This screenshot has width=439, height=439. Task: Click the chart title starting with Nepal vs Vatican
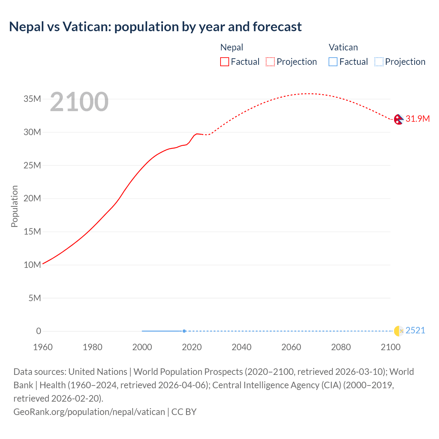click(155, 27)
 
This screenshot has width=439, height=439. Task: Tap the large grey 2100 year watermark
click(79, 102)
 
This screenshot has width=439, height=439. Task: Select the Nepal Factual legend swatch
click(224, 62)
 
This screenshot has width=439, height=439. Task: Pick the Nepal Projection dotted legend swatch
click(270, 62)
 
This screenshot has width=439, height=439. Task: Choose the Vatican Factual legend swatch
click(333, 62)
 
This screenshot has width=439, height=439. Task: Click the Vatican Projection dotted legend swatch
click(379, 62)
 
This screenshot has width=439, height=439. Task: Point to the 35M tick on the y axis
click(32, 99)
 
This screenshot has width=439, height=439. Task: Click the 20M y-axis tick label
click(32, 199)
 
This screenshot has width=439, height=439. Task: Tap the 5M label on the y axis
click(35, 298)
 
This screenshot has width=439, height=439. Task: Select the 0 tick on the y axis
click(38, 331)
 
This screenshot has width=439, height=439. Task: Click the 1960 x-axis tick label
click(43, 347)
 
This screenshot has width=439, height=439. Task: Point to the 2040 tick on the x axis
click(241, 347)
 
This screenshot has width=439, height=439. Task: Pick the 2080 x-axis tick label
click(341, 347)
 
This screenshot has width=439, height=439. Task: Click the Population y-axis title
click(14, 206)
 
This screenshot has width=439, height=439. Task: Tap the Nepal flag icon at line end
click(398, 119)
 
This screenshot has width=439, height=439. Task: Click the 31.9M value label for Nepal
click(417, 119)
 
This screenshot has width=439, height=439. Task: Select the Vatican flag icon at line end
click(399, 331)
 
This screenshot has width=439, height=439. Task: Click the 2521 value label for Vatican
click(415, 330)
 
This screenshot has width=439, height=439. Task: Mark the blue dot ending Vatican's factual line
click(184, 331)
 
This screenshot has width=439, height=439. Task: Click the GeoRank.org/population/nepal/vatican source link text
click(89, 412)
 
